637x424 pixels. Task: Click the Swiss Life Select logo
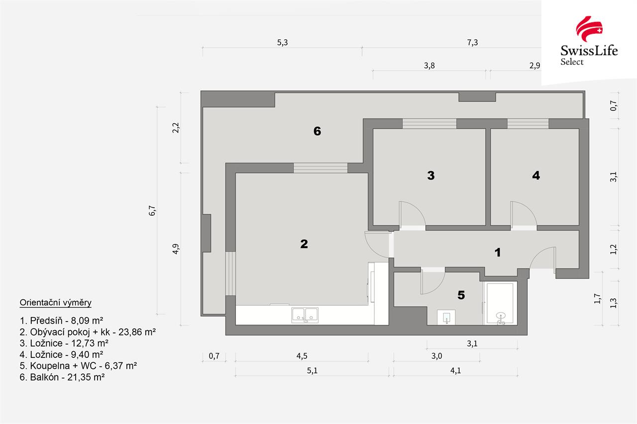589,41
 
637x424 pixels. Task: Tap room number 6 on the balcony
317,131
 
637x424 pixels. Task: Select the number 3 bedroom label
431,175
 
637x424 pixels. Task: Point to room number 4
536,175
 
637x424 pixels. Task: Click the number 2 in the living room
304,244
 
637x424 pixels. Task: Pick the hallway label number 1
498,252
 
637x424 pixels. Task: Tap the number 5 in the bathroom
461,295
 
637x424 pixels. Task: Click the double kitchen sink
305,315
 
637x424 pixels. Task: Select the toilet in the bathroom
446,317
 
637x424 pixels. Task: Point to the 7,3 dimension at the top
472,43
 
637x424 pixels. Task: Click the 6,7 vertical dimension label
152,211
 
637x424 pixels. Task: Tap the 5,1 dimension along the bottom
312,371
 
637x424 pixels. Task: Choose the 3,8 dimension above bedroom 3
429,66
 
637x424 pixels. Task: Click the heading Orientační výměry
55,303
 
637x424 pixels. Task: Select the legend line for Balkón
62,377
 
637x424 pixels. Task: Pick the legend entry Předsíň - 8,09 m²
61,321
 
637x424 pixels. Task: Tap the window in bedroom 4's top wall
528,124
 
